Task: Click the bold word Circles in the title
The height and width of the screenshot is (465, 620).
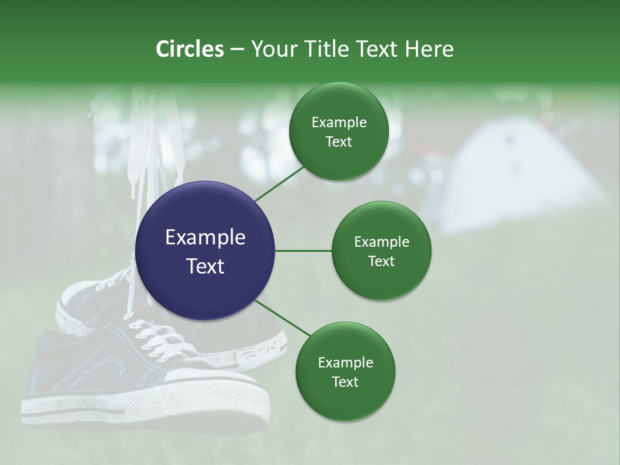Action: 189,49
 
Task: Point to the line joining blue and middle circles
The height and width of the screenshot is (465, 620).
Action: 304,251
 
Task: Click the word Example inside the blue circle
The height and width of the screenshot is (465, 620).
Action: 205,238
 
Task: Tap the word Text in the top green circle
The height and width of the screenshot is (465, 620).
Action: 338,142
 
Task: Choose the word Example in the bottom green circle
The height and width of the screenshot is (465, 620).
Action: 345,363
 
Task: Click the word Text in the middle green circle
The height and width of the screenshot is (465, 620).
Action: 381,262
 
